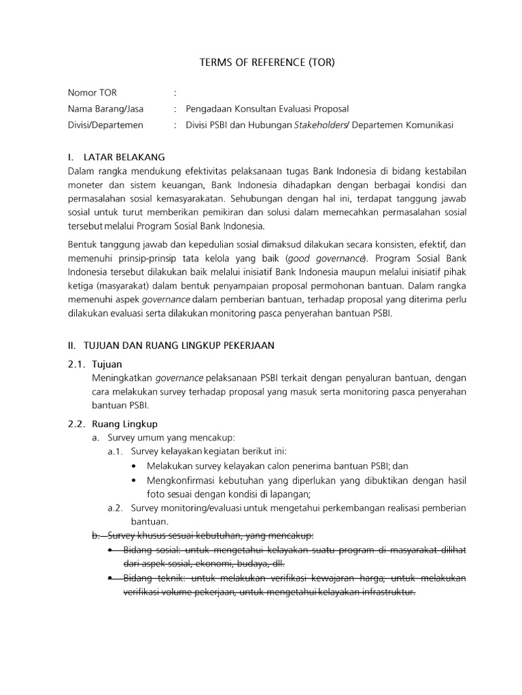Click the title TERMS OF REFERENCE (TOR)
tap(267, 62)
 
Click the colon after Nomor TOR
tap(175, 92)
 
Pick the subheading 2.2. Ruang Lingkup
tap(113, 424)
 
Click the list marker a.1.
tap(116, 451)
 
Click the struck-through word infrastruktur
tap(383, 592)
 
